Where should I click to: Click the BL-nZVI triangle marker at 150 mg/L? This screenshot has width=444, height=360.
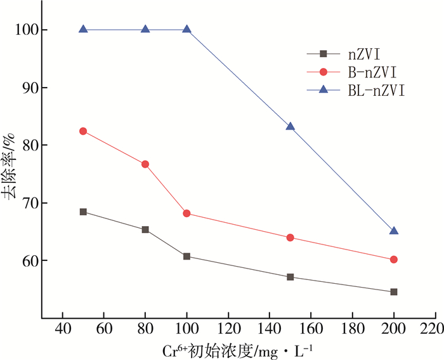coord(290,126)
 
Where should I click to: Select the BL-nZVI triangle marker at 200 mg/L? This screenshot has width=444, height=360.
coord(394,230)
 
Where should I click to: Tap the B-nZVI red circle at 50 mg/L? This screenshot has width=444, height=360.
coord(83,131)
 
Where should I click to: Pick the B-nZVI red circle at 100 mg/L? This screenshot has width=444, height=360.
coord(186,213)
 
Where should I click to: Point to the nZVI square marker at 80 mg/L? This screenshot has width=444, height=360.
coord(145,229)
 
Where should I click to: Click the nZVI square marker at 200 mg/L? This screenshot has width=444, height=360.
coord(394,292)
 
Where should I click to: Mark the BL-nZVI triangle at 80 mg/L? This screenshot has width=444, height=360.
coord(145,29)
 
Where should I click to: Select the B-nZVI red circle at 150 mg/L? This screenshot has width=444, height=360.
coord(290,237)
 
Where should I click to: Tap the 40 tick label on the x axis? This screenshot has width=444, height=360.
coord(62,331)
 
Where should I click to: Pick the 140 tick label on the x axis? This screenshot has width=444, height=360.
coord(269,331)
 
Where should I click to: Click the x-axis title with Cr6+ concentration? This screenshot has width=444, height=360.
coord(238,350)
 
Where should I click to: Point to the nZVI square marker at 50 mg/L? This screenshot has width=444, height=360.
coord(83,211)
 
